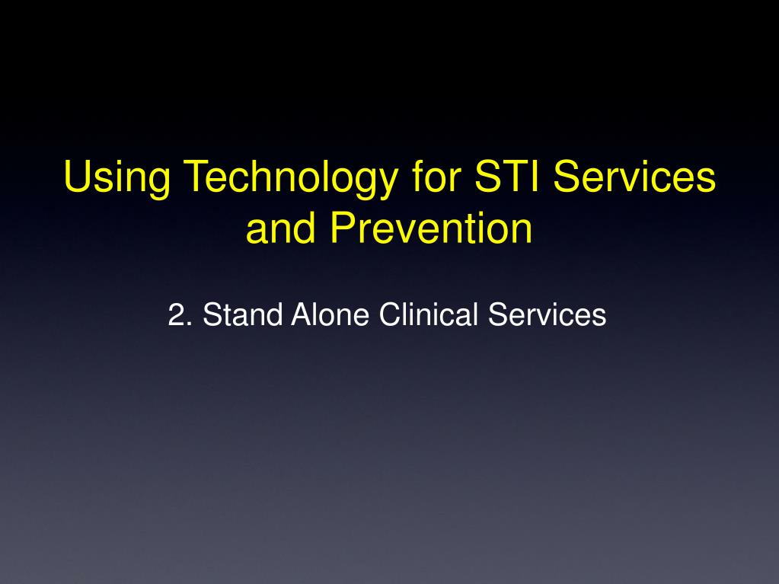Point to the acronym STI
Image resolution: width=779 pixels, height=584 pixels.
pos(506,176)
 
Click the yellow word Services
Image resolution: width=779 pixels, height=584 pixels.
pos(634,176)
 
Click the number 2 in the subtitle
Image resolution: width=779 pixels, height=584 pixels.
pos(177,314)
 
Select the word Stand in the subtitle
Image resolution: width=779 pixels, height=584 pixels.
pos(242,314)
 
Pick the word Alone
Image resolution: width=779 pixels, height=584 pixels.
pos(330,314)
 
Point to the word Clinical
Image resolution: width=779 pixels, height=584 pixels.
pos(428,314)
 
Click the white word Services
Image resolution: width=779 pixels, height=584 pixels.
pos(547,314)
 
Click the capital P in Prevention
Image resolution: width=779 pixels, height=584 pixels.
pos(343,228)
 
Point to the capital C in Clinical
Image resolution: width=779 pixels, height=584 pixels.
pos(389,314)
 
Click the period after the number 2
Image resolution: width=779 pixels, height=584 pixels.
pos(190,324)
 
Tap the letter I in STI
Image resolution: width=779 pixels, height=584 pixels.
pos(535,176)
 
